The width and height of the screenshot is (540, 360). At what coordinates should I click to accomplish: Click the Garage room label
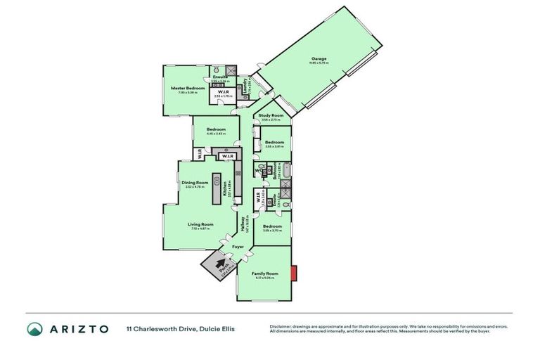point(320,58)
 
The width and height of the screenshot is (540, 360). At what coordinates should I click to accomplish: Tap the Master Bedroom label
point(188,88)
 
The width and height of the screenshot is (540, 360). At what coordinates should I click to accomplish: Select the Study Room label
point(271,115)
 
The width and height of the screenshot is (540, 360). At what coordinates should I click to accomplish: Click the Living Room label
point(199,225)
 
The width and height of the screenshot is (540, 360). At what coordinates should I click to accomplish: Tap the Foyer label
point(238,247)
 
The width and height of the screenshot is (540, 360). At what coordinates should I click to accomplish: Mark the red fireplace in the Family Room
point(298,271)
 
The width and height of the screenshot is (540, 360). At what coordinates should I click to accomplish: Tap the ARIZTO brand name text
point(77,329)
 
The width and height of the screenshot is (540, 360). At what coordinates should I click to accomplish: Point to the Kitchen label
point(226,187)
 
